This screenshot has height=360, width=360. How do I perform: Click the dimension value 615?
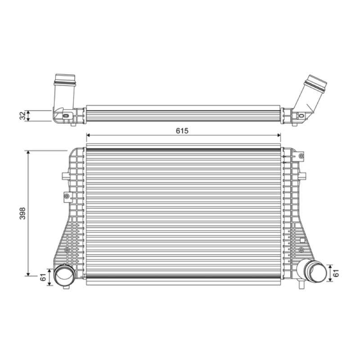[x=182, y=130]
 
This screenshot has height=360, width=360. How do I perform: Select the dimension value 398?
[x=22, y=213]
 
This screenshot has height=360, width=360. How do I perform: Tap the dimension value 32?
[x=22, y=116]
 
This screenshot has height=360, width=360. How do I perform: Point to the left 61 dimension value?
[x=43, y=277]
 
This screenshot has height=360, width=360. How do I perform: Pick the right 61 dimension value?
[x=336, y=273]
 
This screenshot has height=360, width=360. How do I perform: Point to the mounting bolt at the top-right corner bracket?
[x=301, y=156]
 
